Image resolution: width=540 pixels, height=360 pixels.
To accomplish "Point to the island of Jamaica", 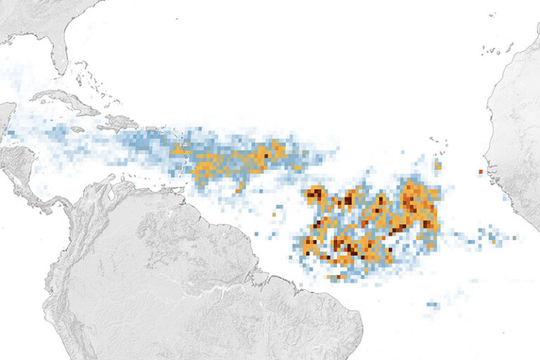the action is (77, 129).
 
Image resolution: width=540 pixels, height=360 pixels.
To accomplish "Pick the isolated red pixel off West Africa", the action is (481, 172).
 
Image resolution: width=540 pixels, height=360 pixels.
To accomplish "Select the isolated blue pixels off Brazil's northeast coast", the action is (432, 306).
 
